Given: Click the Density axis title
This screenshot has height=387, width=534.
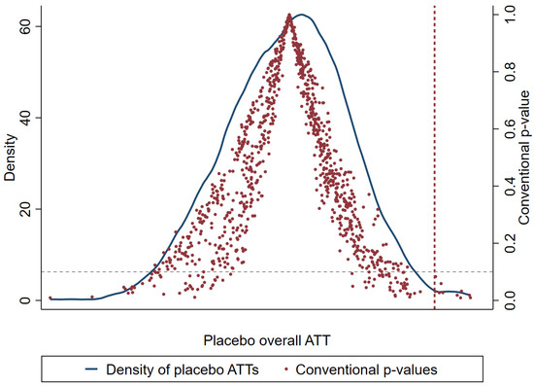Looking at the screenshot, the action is [x=10, y=158].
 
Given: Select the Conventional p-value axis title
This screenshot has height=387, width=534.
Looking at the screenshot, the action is [x=524, y=158].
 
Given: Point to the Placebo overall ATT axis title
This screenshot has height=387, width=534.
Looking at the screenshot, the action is [x=267, y=340].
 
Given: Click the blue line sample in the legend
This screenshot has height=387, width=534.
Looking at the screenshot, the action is [x=91, y=369].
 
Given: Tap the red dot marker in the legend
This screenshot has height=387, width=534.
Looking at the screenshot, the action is [x=286, y=369].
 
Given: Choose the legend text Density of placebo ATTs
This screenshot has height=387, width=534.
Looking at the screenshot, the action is [x=183, y=369].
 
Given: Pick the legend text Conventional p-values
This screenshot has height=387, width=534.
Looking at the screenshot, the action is [x=366, y=369].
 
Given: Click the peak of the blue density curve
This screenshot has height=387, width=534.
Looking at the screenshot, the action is [x=301, y=15].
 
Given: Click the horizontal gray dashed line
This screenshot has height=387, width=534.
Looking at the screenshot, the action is [x=267, y=271].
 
